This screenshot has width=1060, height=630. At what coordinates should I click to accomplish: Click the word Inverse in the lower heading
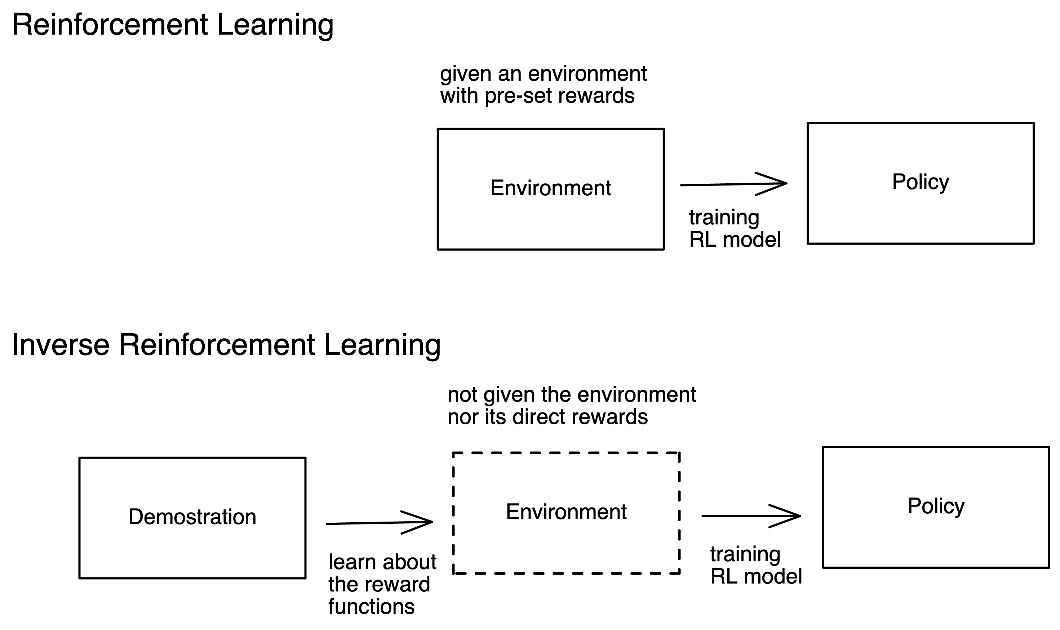coord(61,344)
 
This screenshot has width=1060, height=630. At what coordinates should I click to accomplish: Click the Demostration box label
coord(192,517)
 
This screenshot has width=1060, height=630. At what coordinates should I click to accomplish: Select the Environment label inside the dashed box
coord(566,511)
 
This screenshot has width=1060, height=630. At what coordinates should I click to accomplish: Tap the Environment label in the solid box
coord(550,188)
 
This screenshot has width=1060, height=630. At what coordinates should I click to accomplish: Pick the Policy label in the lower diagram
coord(936,506)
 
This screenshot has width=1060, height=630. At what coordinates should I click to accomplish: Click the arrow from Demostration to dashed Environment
coord(379,523)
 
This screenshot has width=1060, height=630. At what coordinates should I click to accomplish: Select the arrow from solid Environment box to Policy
coord(733,184)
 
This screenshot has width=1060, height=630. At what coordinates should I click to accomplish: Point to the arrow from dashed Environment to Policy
coord(751,516)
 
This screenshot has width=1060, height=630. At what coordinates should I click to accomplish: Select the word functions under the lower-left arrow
coord(371,606)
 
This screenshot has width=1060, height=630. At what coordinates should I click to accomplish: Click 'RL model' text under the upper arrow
coord(735,240)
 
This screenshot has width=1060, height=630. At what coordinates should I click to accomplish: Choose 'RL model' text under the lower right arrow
coord(756,576)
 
